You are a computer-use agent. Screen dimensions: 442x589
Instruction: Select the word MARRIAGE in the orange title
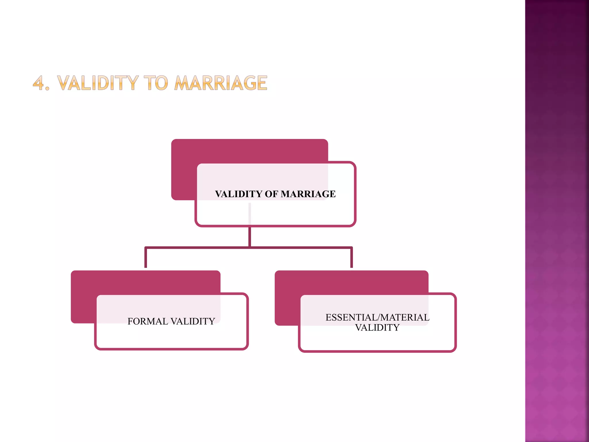point(221,83)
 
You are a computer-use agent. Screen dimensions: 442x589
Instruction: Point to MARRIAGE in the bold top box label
point(308,194)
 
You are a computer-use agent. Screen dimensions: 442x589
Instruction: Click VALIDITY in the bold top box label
point(238,194)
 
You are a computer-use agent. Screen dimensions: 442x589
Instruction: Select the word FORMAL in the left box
point(148,321)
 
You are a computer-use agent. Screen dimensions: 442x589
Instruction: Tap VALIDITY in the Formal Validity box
point(193,321)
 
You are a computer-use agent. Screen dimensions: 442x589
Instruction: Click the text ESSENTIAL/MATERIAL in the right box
point(377,317)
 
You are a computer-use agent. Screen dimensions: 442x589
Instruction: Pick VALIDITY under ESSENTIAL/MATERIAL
point(377,328)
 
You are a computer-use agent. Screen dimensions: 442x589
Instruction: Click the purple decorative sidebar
point(557,221)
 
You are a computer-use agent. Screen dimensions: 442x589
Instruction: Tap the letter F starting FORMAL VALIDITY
point(130,321)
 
